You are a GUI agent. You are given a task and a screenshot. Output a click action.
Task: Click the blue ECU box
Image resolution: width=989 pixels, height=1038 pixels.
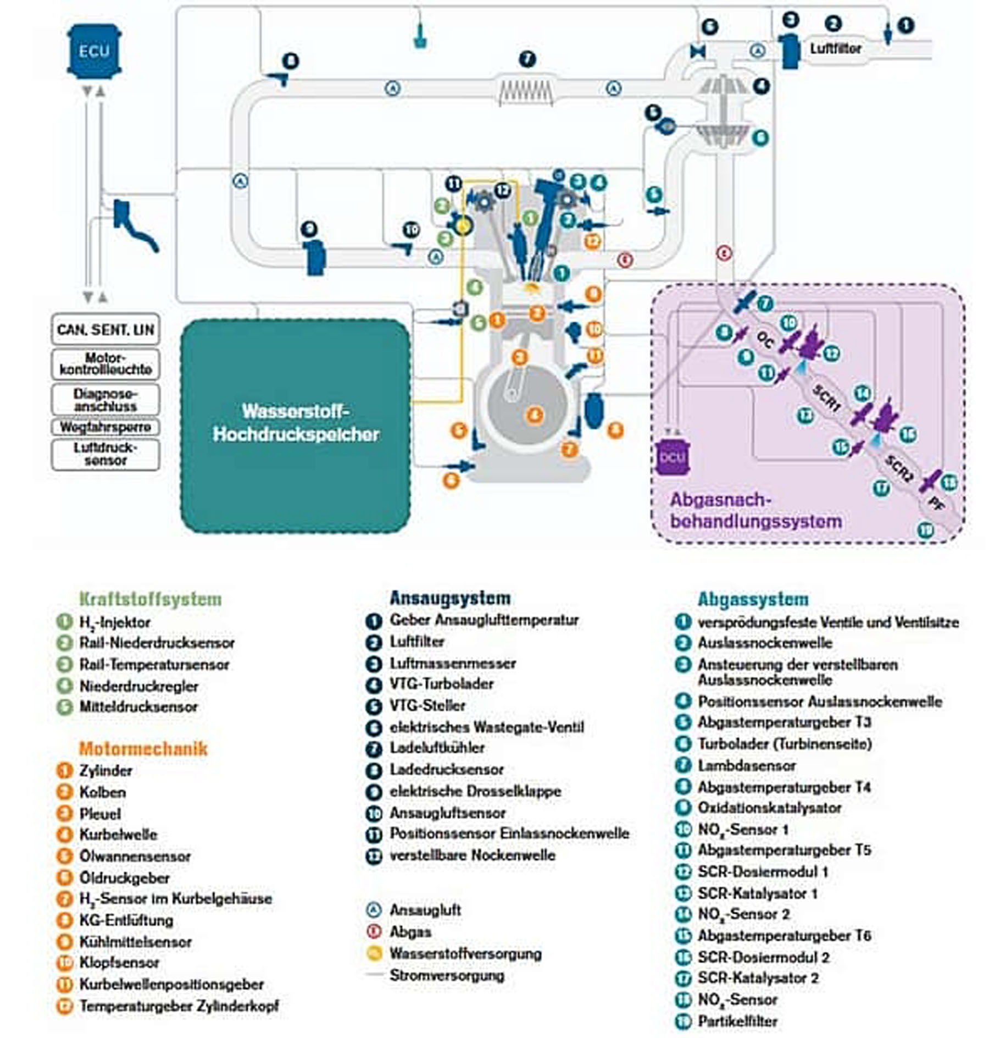click(94, 51)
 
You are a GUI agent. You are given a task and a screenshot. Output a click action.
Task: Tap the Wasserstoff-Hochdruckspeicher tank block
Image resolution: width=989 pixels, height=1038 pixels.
click(296, 424)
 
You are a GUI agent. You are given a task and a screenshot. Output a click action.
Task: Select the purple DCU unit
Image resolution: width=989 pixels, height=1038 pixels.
click(672, 457)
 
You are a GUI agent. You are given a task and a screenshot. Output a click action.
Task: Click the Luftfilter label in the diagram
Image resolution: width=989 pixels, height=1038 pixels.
click(835, 48)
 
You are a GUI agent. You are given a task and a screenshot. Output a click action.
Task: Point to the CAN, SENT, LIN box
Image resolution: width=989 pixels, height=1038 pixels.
click(105, 329)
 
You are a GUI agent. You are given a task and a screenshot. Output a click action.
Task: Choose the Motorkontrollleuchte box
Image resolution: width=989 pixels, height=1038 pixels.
click(105, 363)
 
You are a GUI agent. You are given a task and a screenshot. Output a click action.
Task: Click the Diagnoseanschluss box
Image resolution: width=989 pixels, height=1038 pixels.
click(105, 400)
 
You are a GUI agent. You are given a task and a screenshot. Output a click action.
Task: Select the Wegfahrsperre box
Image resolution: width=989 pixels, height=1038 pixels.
click(105, 427)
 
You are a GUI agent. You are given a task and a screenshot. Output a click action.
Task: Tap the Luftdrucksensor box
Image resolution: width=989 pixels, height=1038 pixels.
click(105, 454)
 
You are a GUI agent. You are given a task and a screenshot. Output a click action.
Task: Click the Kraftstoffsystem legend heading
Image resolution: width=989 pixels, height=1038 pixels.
click(151, 598)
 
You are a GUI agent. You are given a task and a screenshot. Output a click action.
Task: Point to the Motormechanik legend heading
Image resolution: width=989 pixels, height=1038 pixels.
click(143, 748)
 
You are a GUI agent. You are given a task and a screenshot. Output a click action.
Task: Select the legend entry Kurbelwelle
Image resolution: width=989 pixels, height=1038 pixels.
click(118, 834)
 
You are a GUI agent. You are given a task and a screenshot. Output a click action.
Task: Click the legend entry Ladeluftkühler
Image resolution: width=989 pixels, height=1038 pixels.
click(437, 748)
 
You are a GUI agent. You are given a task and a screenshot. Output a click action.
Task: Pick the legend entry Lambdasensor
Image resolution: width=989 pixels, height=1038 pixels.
click(746, 765)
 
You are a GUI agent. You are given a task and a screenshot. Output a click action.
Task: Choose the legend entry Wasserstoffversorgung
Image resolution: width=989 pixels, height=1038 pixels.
click(465, 953)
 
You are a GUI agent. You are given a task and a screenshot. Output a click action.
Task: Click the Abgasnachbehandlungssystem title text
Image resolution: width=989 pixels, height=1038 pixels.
click(755, 510)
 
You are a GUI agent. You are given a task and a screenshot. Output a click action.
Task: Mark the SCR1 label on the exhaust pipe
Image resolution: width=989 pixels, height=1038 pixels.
click(826, 398)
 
